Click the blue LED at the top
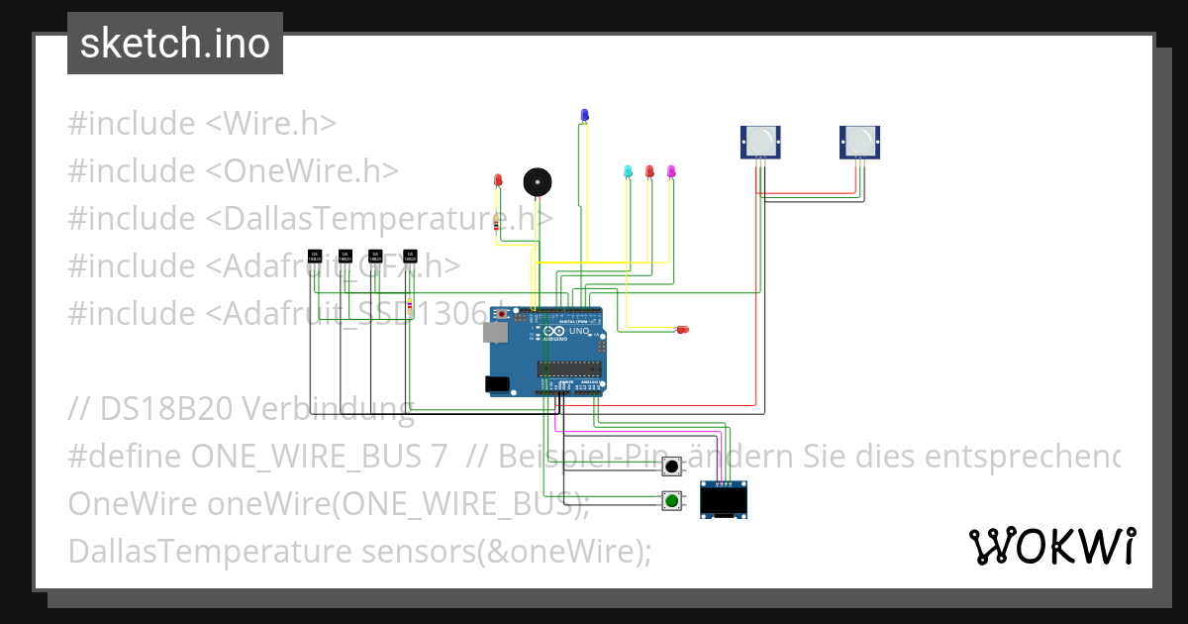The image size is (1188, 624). point(584,115)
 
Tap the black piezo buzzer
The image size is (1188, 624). point(537,182)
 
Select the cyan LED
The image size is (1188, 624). point(628,171)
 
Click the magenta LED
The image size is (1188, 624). point(671,171)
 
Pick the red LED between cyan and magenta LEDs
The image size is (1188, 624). point(649,171)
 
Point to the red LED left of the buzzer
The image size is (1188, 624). point(498,180)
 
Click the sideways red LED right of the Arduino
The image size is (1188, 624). point(681,329)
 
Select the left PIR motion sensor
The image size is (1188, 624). point(760,142)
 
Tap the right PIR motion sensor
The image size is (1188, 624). point(859,142)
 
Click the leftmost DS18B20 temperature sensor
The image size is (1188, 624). point(315,257)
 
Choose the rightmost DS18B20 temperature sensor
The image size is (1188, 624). point(410,257)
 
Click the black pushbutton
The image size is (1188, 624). point(672,467)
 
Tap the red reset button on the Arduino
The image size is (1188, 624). point(502,314)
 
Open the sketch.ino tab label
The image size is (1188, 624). point(175,44)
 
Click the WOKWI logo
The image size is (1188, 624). point(1051,546)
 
